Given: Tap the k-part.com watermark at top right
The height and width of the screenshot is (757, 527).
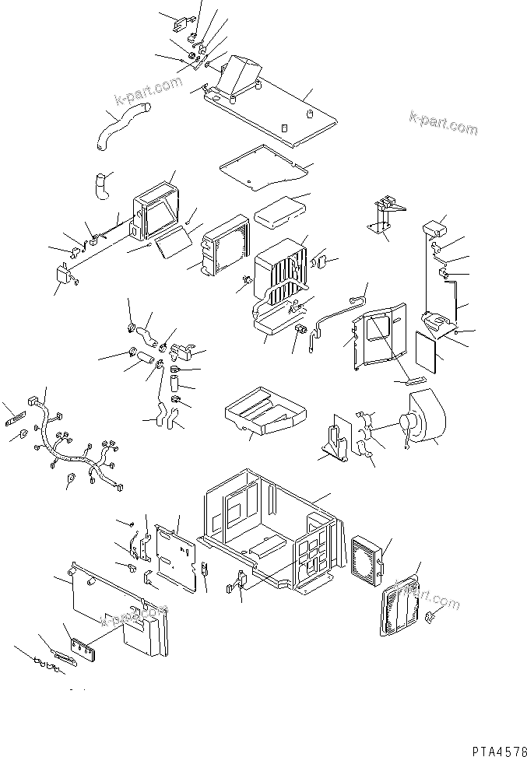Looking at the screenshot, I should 444,123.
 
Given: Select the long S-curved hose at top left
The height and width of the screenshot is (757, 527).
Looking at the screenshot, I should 121,127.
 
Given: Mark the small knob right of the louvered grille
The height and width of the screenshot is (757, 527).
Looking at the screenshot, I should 430,618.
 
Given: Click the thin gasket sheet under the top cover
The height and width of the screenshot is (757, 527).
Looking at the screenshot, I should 265,166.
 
